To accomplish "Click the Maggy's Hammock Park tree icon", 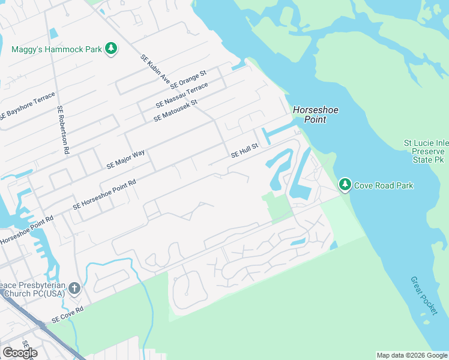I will tap(110, 49).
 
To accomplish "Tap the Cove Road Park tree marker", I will tap(345, 185).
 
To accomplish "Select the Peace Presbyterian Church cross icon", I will tap(74, 289).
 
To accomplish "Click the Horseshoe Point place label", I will tap(310, 115).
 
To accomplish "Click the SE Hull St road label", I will tap(244, 151).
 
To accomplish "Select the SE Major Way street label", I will tap(125, 158).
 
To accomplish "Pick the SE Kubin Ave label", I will tap(156, 69).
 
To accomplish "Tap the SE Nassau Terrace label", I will tap(181, 95).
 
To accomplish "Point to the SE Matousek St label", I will tap(175, 107).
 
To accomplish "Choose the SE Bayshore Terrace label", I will tap(28, 106).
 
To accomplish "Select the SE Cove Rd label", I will tap(67, 315).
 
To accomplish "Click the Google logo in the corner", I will tap(20, 353).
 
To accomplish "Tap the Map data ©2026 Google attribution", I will tap(411, 355).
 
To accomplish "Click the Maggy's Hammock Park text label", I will tap(56, 49).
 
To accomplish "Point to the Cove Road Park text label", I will tap(384, 185).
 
